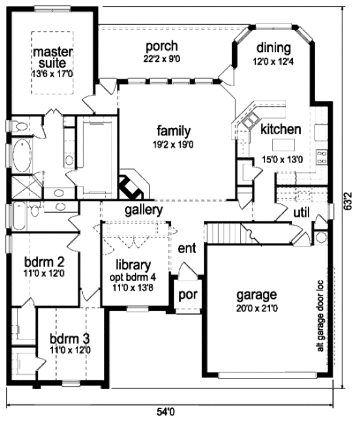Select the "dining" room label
[273, 48]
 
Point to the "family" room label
[174, 130]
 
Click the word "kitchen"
[280, 130]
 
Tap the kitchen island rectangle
[284, 146]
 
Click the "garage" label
[256, 294]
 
